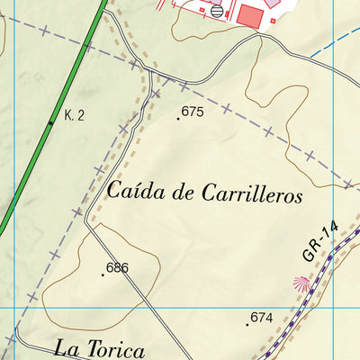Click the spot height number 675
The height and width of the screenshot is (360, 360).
(x=193, y=112)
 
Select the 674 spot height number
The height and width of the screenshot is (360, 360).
(x=261, y=317)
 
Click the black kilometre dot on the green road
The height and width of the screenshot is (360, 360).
(x=51, y=122)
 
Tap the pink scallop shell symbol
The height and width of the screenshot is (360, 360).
(x=300, y=284)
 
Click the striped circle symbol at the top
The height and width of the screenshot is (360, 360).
(x=217, y=11)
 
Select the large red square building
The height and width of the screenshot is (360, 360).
(x=248, y=15)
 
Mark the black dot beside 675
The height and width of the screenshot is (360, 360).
(x=178, y=116)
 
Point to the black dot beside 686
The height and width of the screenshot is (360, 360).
(x=103, y=273)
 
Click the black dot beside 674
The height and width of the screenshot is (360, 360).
(x=247, y=321)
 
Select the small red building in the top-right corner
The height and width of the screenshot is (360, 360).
(x=271, y=4)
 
